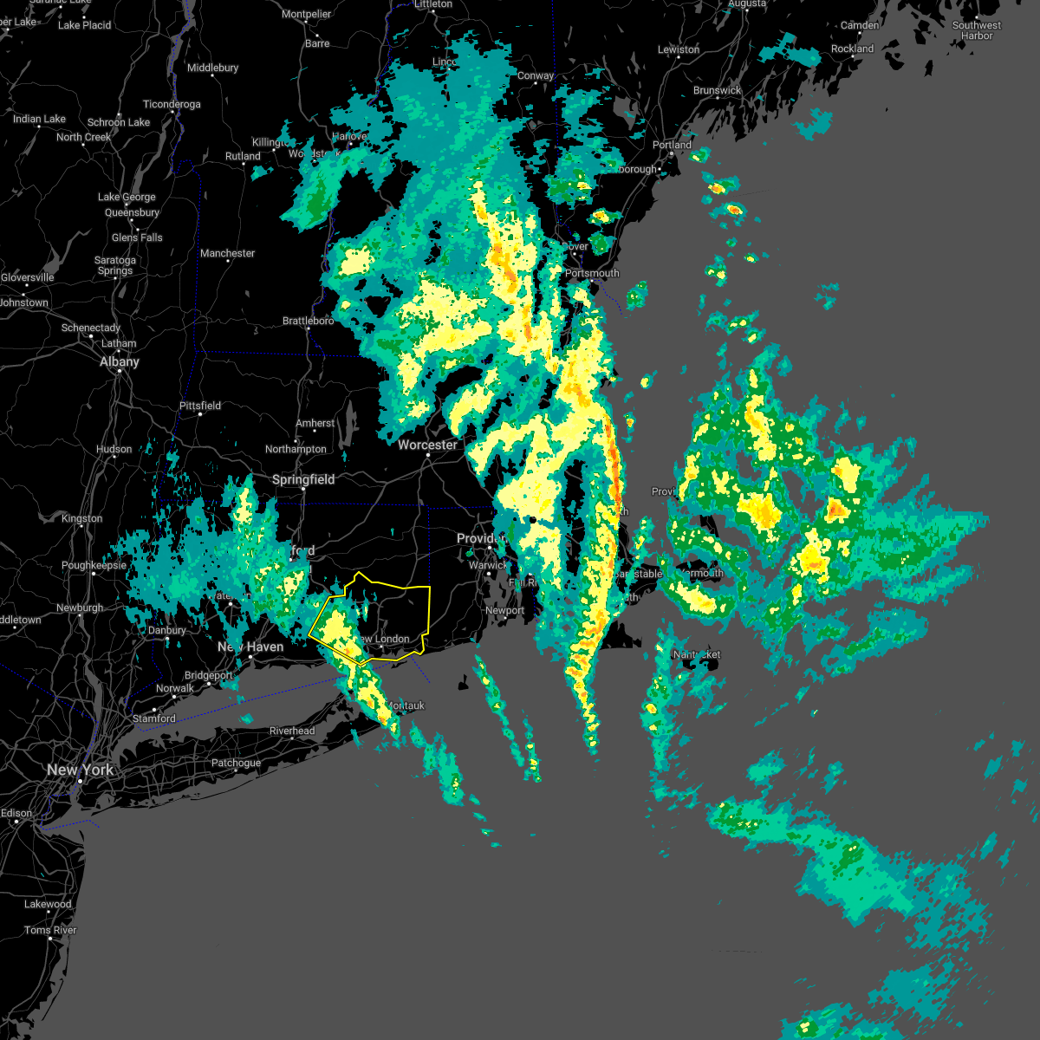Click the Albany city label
(119, 361)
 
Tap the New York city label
(80, 770)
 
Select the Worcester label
(427, 445)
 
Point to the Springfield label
(302, 479)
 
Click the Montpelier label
(306, 14)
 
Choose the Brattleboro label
(308, 321)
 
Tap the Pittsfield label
(199, 406)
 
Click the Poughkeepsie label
(94, 565)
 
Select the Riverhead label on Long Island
(292, 731)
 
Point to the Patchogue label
(236, 763)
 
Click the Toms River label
(50, 930)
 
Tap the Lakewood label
(48, 904)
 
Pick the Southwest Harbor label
(976, 30)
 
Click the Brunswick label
(717, 90)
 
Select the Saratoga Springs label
(115, 265)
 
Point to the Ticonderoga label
(172, 104)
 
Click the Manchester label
(227, 253)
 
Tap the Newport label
(504, 610)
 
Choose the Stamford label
(154, 718)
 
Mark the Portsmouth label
(592, 273)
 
